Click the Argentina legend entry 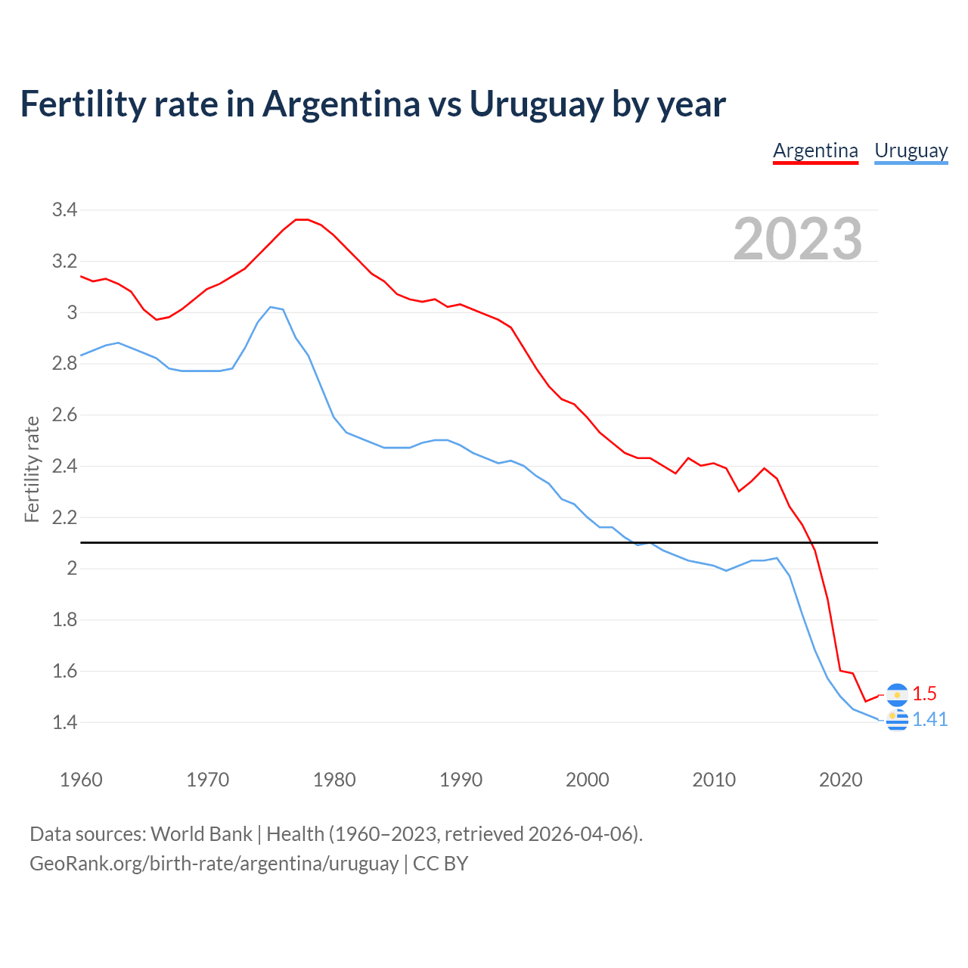815,151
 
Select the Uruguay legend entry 911,151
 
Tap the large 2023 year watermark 798,239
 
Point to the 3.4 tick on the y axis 65,210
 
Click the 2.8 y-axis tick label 65,364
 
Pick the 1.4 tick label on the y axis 65,722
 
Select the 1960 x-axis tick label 81,780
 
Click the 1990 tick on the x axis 461,780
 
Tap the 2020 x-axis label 840,780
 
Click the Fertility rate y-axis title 32,469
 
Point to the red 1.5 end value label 924,693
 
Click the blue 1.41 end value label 929,719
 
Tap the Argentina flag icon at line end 897,694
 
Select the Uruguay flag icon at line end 897,721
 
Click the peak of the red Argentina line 302,219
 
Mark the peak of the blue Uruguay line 271,307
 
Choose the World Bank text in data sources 201,834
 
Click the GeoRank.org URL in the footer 214,864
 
